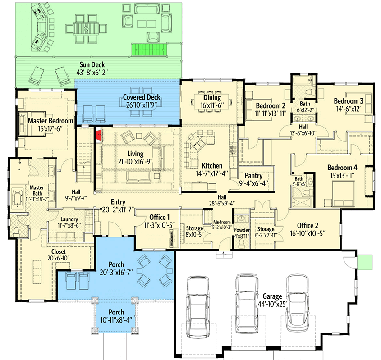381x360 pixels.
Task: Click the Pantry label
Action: pyautogui.click(x=253, y=175)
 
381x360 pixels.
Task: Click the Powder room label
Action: pyautogui.click(x=242, y=230)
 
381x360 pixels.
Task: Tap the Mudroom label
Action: pyautogui.click(x=222, y=223)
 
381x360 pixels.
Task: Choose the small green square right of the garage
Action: pyautogui.click(x=365, y=261)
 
